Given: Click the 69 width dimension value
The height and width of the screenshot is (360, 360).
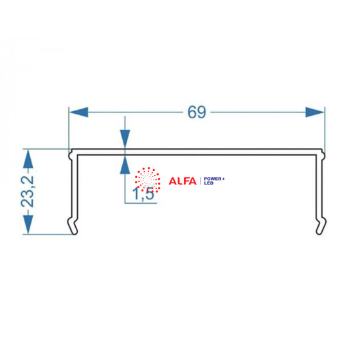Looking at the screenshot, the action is coord(197,113).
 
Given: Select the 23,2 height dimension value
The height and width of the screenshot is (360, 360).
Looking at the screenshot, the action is coord(28,192).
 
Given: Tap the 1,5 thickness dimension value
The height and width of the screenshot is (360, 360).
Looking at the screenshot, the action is coord(143,194).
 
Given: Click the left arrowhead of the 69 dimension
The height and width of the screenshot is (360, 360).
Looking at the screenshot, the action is coord(78,113).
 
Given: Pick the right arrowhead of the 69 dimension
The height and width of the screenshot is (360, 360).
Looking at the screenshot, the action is coord(315,113).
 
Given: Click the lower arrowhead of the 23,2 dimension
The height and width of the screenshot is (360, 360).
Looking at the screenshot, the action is coord(28,224).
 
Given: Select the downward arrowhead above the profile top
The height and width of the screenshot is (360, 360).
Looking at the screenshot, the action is coord(125,139).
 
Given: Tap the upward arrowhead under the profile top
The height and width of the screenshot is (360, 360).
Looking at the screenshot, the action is coord(125,165).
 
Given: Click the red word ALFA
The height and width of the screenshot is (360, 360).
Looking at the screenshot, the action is coord(183,181).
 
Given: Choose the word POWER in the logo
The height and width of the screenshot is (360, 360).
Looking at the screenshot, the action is coord(213,179).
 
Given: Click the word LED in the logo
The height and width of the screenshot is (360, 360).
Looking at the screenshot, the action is coord(208,183).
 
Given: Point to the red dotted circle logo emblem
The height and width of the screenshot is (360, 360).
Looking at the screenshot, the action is coord(147,180).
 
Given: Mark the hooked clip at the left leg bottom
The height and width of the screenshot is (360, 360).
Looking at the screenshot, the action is coord(73,226).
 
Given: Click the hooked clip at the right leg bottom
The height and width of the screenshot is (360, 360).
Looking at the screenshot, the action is coord(321,226).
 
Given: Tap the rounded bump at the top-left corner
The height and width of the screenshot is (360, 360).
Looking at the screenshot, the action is coord(71,155).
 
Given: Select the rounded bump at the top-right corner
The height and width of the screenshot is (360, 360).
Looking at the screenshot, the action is coord(323,155).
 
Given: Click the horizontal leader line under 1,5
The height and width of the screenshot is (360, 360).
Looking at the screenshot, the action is coord(141,203).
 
